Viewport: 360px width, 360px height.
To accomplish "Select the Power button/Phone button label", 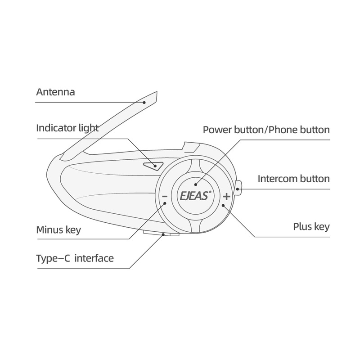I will pyautogui.click(x=266, y=130).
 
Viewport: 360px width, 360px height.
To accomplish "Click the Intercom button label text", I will pyautogui.click(x=293, y=179).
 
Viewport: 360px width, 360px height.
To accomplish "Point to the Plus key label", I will pyautogui.click(x=310, y=226).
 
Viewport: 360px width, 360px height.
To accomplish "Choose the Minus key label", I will pyautogui.click(x=58, y=230).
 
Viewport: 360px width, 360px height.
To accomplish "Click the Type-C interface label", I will pyautogui.click(x=75, y=258).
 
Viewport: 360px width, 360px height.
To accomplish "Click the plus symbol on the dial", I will pyautogui.click(x=226, y=196).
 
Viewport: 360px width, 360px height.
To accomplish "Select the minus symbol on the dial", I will pyautogui.click(x=164, y=197).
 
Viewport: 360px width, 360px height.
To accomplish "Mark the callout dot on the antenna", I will pyautogui.click(x=144, y=102).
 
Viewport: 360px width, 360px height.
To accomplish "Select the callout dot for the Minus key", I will pyautogui.click(x=166, y=203).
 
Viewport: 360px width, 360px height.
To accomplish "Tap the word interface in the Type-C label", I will pyautogui.click(x=94, y=258).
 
